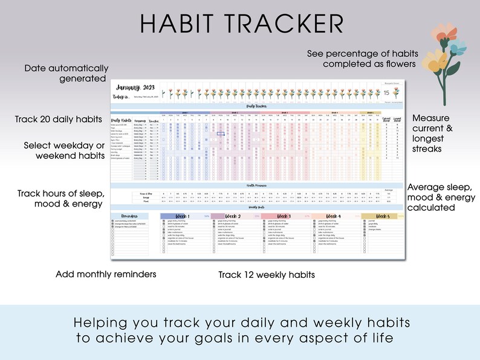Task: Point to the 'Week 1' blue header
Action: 182,216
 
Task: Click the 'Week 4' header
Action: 333,216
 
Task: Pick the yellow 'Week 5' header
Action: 383,216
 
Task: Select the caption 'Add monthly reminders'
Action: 106,274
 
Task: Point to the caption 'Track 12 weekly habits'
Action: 267,275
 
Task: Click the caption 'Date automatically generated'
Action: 66,73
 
